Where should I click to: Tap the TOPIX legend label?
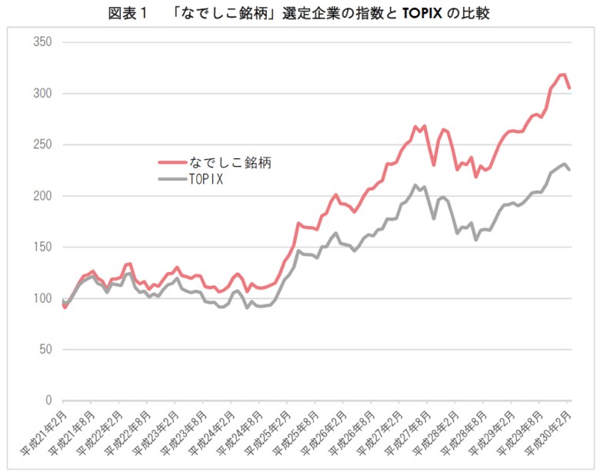coord(205,179)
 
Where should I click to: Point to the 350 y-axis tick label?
coord(42,42)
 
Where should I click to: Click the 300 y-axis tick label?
coord(42,94)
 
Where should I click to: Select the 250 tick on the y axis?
coord(42,144)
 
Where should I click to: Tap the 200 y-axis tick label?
coord(42,196)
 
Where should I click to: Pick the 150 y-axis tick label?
coord(42,247)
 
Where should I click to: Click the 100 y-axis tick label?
coord(42,298)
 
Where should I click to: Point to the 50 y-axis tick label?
coord(45,350)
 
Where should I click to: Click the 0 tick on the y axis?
coord(48,400)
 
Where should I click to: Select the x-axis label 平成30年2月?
coord(549,430)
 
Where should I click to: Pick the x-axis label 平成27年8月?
coord(408,430)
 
